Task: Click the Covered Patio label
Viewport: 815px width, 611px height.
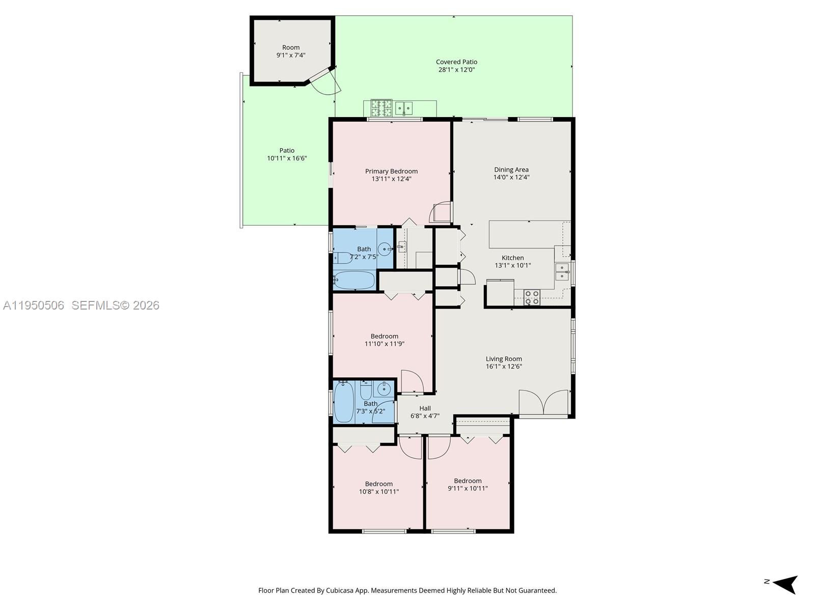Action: coord(456,62)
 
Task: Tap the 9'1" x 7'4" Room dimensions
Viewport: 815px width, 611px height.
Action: coord(291,55)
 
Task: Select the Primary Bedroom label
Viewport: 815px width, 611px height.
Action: coord(391,171)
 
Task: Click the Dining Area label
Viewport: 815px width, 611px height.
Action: coord(511,170)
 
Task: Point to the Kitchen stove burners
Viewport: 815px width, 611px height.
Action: coord(532,297)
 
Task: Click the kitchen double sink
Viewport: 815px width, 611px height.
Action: coord(562,272)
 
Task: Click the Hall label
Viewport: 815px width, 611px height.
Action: coord(425,408)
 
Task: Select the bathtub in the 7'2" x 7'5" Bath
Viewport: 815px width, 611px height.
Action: coord(354,280)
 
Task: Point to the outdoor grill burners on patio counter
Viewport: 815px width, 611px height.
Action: coord(382,108)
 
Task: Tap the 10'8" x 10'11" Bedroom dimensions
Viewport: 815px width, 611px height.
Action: coord(378,492)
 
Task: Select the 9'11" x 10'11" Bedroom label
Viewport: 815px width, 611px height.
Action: coord(468,481)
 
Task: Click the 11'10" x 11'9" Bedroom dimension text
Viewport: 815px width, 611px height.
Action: coord(384,344)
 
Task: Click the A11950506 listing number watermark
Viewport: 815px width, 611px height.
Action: coord(34,305)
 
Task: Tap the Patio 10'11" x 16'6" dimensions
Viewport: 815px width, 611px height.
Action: coord(287,158)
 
